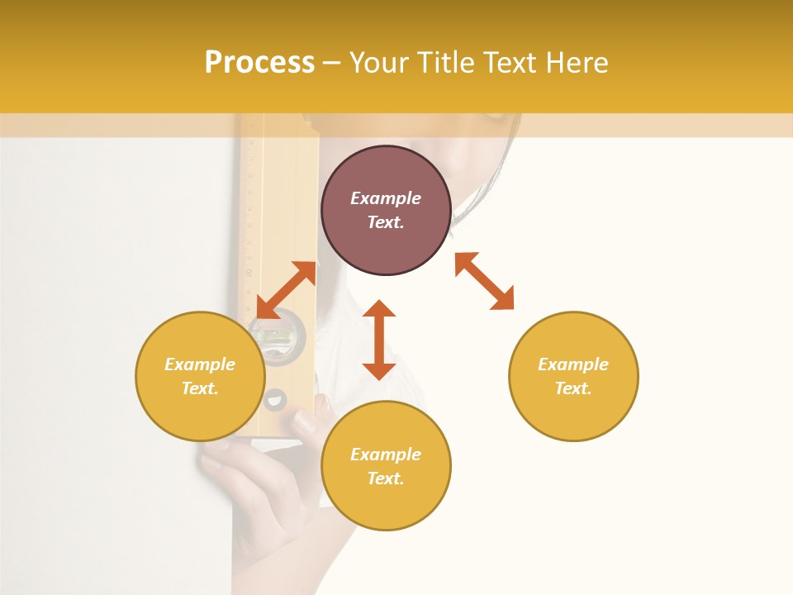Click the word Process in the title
[259, 63]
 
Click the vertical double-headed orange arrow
[379, 340]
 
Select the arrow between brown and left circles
[286, 290]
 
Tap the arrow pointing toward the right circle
[485, 281]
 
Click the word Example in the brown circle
[386, 198]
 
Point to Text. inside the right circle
[573, 388]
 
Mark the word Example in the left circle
[200, 364]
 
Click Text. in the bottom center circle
[386, 478]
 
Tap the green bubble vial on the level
[276, 336]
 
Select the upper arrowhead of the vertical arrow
[379, 308]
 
